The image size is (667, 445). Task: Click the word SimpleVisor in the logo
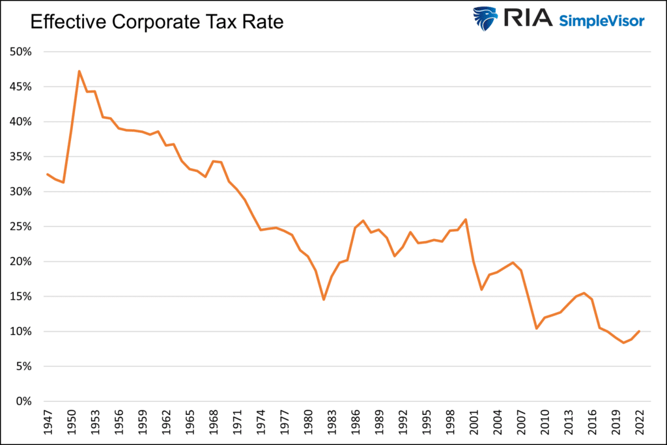coord(601,21)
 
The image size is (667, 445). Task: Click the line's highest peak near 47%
coord(79,71)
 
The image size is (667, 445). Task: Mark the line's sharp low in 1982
coord(324,300)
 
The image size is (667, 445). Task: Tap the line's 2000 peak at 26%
coord(466,219)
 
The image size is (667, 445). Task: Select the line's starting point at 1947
coord(47,174)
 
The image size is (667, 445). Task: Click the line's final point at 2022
coord(640,331)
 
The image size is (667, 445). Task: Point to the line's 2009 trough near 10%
coord(537,328)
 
